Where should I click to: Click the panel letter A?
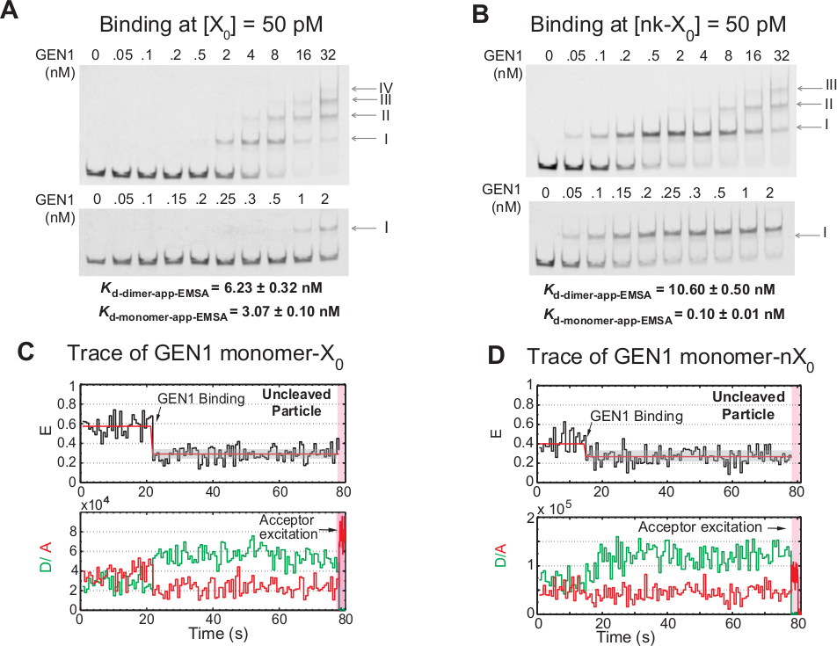[11, 14]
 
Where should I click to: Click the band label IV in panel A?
[385, 89]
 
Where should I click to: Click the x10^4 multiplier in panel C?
[92, 504]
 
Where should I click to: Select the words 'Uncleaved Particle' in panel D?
[746, 402]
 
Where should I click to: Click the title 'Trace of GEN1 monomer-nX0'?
[669, 357]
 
